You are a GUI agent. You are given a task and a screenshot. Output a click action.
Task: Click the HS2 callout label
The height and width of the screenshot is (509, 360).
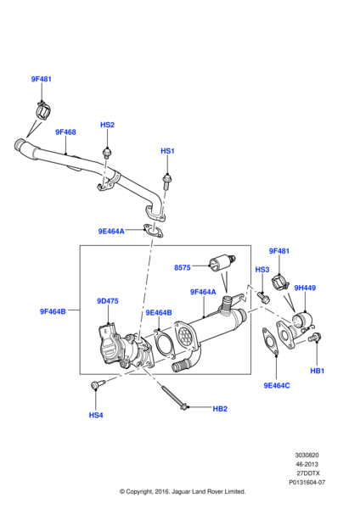click(x=107, y=125)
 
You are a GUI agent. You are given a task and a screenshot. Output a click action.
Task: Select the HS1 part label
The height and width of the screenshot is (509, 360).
click(x=167, y=151)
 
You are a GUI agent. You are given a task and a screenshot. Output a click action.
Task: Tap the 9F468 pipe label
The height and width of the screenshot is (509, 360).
click(x=65, y=132)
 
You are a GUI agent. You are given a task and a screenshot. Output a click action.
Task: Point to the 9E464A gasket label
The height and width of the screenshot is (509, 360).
click(x=110, y=231)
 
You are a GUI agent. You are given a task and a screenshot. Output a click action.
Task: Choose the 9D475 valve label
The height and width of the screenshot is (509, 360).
click(x=108, y=300)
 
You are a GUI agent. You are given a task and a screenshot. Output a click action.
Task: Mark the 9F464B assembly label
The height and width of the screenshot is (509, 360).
click(x=53, y=311)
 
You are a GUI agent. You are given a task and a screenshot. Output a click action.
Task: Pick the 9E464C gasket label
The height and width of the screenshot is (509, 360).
click(x=277, y=385)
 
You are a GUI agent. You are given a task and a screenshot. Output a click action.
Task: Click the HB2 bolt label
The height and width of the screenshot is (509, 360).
click(x=220, y=409)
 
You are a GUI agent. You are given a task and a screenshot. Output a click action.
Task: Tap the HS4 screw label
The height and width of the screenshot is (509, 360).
click(x=95, y=415)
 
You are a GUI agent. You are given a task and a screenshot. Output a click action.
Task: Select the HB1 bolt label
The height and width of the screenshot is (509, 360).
click(x=317, y=371)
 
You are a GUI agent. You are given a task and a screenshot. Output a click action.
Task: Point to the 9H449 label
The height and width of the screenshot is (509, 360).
click(x=305, y=288)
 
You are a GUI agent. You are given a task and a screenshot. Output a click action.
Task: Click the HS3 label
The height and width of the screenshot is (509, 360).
click(x=262, y=270)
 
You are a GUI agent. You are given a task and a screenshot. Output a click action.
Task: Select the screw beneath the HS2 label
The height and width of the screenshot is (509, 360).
click(x=107, y=154)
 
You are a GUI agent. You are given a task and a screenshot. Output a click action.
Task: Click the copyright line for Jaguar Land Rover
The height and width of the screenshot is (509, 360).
click(x=183, y=491)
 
